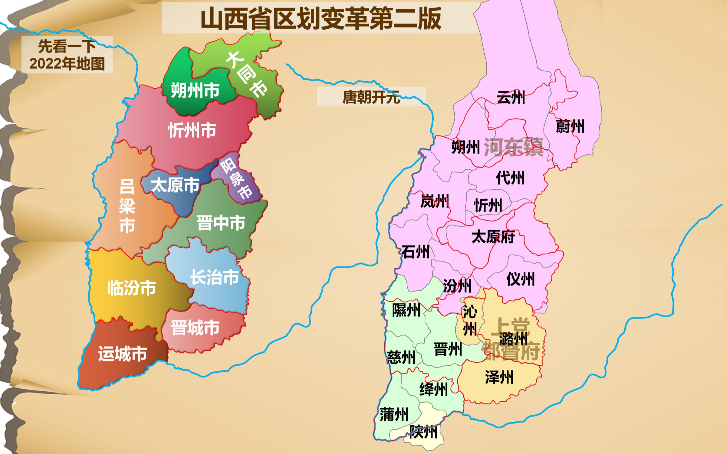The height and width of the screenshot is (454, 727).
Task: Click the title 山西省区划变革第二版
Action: click(321, 19)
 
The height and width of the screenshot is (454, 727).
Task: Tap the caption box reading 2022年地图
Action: click(67, 55)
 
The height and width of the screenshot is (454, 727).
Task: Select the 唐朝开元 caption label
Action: click(371, 97)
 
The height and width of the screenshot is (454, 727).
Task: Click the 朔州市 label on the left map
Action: click(195, 90)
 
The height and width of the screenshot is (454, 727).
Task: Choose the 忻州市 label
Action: click(192, 130)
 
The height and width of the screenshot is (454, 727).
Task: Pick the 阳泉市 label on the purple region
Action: click(236, 179)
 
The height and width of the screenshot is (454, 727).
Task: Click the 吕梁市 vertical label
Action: click(127, 206)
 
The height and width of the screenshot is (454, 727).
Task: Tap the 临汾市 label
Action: click(132, 288)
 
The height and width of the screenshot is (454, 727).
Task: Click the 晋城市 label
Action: click(195, 328)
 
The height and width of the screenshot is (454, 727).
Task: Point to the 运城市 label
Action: click(123, 354)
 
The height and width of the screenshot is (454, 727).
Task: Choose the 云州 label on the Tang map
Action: click(511, 97)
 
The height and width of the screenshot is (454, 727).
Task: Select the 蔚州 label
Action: click(570, 126)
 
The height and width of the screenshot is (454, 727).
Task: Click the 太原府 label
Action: click(493, 237)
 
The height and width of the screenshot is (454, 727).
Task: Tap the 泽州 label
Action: click(499, 377)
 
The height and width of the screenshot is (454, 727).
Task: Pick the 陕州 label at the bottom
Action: click(423, 432)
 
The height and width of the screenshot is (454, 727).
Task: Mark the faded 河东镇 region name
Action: click(514, 147)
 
